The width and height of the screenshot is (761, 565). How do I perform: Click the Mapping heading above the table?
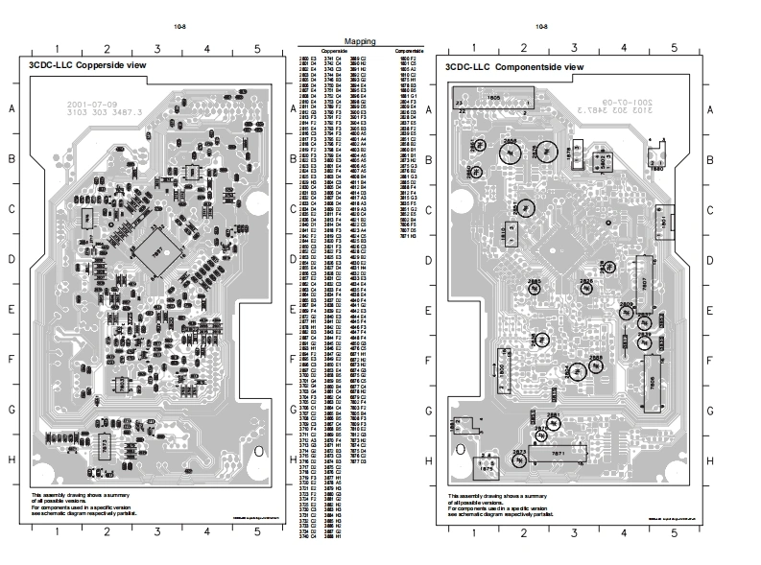[x=359, y=42]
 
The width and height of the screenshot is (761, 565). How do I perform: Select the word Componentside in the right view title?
[x=530, y=67]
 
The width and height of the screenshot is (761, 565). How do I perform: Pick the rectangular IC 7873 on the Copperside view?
[x=103, y=446]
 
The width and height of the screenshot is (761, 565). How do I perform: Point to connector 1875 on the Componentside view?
[x=488, y=465]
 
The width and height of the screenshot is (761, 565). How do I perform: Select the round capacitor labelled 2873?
[x=519, y=459]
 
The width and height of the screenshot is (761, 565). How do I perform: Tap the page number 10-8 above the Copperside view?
[x=181, y=26]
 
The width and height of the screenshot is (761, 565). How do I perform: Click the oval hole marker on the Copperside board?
[x=259, y=451]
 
